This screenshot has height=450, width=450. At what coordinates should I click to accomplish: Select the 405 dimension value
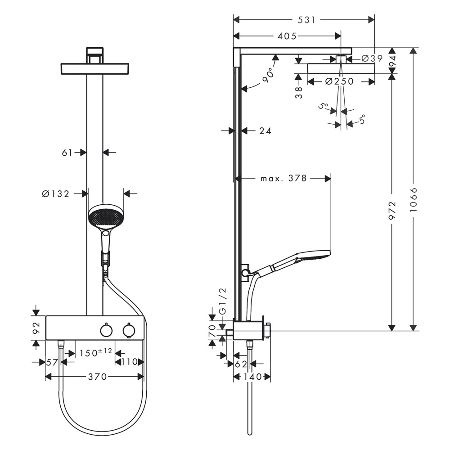(287, 36)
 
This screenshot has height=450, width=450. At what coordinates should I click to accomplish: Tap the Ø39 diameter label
(372, 58)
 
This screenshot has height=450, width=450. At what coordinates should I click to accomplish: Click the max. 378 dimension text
(283, 179)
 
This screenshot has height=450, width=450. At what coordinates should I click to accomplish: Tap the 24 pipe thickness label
(265, 131)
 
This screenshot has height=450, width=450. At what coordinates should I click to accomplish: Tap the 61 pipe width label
(67, 153)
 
